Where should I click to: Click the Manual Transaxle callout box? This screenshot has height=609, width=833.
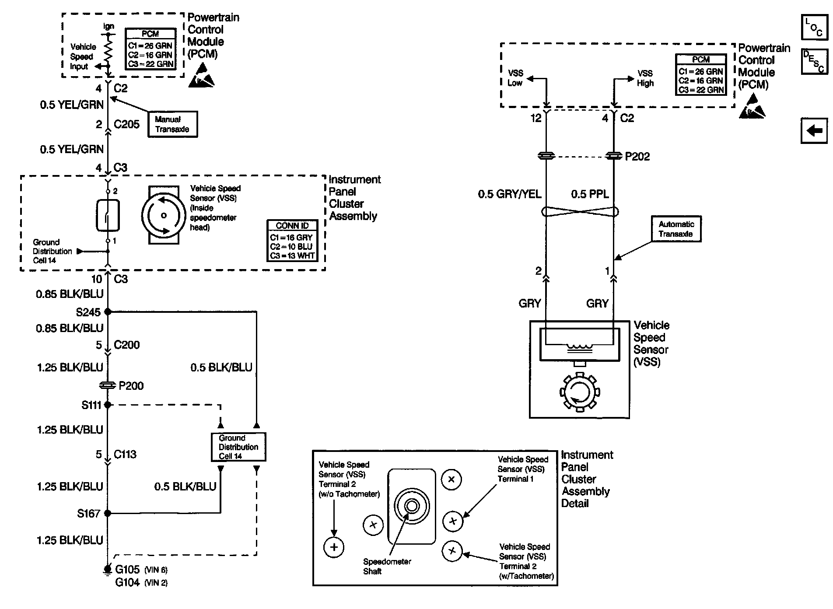tap(172, 124)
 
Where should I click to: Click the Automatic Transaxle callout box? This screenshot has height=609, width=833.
tap(676, 229)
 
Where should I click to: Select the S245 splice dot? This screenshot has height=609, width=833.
tap(108, 312)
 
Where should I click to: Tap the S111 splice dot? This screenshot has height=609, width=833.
tap(108, 405)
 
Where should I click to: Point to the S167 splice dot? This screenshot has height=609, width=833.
tap(108, 513)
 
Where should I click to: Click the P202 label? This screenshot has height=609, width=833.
tap(637, 157)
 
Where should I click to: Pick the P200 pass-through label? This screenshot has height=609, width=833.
tap(131, 386)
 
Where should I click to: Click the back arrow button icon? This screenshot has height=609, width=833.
tap(814, 130)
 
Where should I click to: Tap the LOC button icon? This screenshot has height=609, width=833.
tap(814, 28)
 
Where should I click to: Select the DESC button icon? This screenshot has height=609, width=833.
tap(814, 61)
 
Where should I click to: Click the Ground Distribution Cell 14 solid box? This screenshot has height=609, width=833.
tap(238, 447)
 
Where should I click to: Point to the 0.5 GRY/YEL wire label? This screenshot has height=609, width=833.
tap(509, 194)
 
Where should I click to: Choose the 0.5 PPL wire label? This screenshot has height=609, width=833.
tap(590, 194)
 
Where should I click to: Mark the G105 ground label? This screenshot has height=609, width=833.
tap(127, 570)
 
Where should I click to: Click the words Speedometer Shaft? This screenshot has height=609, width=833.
tap(387, 566)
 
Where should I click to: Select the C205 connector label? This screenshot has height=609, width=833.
tap(126, 124)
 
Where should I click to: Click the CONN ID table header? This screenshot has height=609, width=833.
tap(292, 226)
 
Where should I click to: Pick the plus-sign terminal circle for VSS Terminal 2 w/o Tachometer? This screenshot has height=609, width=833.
tap(334, 547)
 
